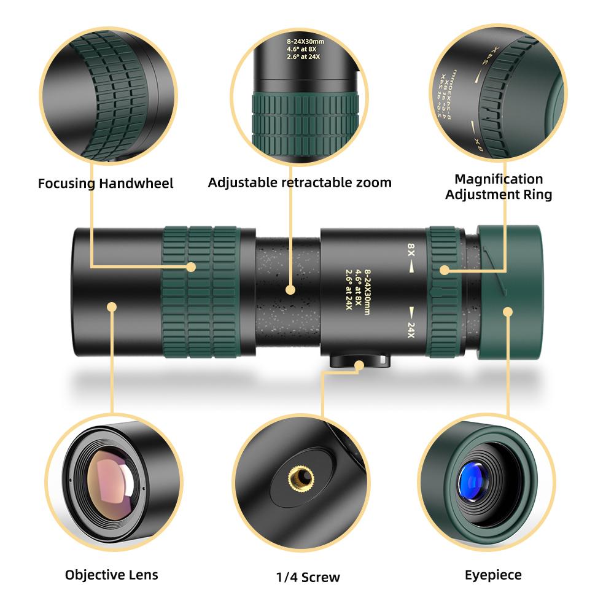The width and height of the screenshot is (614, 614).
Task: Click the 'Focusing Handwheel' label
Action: (x=106, y=183)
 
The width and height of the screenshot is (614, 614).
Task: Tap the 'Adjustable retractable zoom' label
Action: (x=300, y=182)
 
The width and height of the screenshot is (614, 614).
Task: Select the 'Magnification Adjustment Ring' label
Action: (x=499, y=187)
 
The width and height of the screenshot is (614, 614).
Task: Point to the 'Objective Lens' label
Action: (x=112, y=575)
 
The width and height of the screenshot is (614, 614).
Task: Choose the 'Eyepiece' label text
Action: (x=493, y=575)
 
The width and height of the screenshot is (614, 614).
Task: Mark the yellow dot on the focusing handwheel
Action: (x=192, y=267)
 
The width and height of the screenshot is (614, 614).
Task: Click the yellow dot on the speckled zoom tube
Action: (x=291, y=288)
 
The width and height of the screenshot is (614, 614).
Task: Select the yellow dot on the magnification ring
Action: (x=443, y=269)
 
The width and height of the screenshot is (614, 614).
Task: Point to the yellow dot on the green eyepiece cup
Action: (x=508, y=311)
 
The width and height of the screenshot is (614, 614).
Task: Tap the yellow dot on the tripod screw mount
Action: (x=359, y=365)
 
